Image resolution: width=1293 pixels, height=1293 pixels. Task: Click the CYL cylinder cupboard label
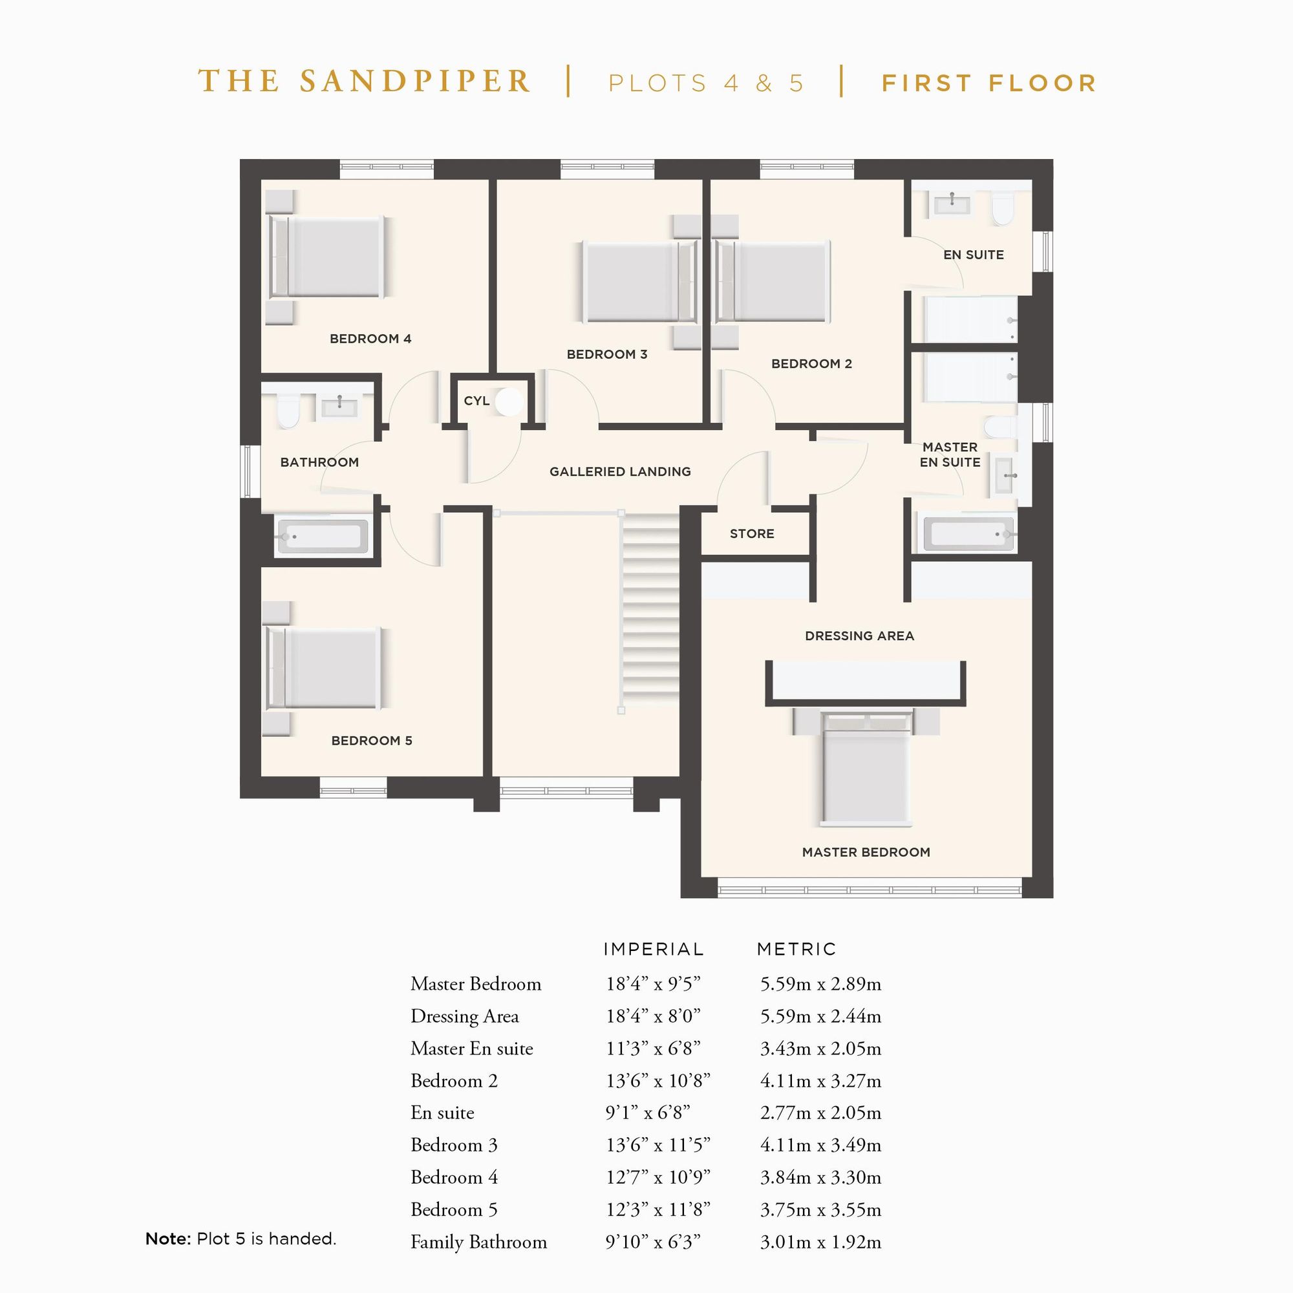tap(476, 401)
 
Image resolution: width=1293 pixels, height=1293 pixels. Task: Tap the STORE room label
tap(752, 533)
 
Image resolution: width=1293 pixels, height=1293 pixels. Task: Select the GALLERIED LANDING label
tap(620, 472)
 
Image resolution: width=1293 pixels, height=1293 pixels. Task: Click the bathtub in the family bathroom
tap(323, 536)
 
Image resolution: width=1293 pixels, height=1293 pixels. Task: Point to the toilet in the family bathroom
tap(288, 411)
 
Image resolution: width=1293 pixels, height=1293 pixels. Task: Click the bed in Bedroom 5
tap(325, 668)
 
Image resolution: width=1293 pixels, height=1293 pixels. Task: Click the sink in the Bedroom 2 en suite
tap(951, 202)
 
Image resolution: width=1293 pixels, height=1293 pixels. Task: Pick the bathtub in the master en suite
tap(969, 535)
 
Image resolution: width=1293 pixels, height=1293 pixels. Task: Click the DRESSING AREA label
tap(859, 636)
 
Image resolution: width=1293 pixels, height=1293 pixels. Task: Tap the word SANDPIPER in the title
tap(415, 81)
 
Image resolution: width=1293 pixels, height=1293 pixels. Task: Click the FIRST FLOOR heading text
tap(988, 83)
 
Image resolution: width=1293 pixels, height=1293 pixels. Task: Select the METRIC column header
tap(796, 949)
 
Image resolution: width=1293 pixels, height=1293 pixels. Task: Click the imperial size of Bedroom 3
tap(657, 1145)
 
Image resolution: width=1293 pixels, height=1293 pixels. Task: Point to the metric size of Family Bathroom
tap(820, 1242)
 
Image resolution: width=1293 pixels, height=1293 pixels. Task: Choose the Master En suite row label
tap(472, 1049)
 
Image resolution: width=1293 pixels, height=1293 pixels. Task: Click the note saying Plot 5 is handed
tap(240, 1239)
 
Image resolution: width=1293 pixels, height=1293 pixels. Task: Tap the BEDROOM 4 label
tap(370, 339)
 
